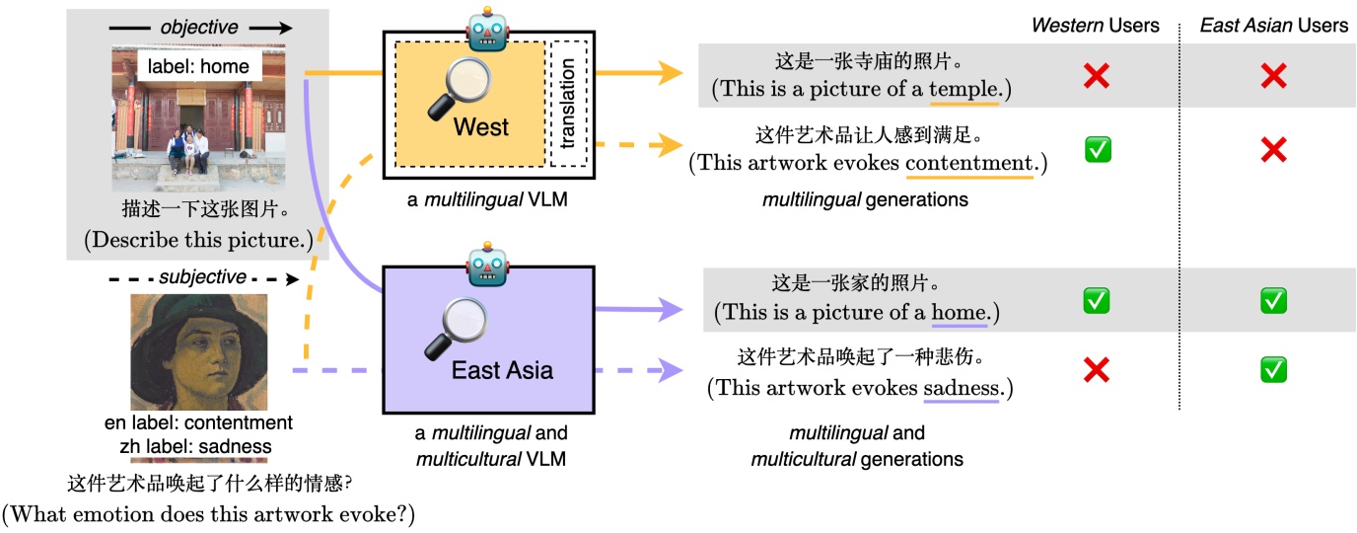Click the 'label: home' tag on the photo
(x=199, y=66)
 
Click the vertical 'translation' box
(x=567, y=104)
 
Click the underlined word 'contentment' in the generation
(x=969, y=163)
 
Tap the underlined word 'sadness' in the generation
(x=961, y=388)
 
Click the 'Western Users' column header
(x=1095, y=25)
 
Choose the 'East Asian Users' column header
(x=1273, y=25)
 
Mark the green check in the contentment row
(x=1097, y=150)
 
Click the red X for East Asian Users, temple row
(x=1273, y=75)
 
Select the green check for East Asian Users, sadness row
(x=1273, y=370)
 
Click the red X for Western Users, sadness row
(x=1097, y=370)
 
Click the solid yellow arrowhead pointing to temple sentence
(x=673, y=72)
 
